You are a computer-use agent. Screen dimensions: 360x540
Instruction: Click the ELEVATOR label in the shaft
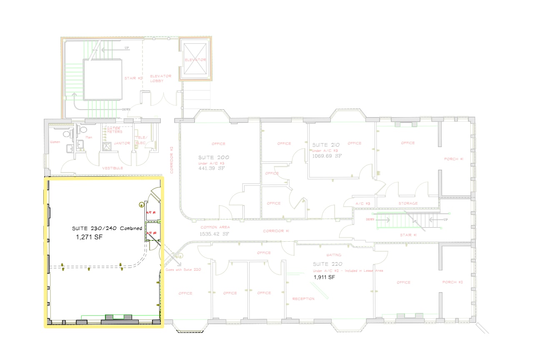[x=195, y=60]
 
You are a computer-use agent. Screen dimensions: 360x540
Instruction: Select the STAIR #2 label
[x=133, y=78]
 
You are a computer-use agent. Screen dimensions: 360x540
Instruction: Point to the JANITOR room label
[x=122, y=143]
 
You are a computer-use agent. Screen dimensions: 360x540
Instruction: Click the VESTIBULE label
[x=112, y=168]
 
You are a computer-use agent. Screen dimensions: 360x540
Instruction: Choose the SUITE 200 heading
[x=214, y=158]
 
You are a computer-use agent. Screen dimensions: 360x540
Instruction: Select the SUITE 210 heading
[x=327, y=145]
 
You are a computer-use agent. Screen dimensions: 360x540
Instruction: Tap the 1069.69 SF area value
[x=327, y=156]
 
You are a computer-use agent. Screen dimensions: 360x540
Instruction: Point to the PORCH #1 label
[x=454, y=159]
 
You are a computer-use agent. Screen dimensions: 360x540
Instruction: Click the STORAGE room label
[x=408, y=203]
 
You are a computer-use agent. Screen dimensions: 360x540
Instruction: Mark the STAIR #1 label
[x=408, y=235]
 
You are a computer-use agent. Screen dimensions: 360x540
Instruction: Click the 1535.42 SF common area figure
[x=214, y=234]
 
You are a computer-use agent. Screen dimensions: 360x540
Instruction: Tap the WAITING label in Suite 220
[x=333, y=255]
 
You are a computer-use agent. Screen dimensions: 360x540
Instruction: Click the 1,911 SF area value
[x=325, y=277]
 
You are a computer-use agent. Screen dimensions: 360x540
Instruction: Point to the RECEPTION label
[x=303, y=299]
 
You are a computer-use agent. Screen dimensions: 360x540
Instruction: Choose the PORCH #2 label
[x=453, y=282]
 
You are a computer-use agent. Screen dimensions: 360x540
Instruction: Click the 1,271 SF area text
[x=89, y=237]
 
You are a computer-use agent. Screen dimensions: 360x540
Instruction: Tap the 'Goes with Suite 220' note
[x=183, y=270]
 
